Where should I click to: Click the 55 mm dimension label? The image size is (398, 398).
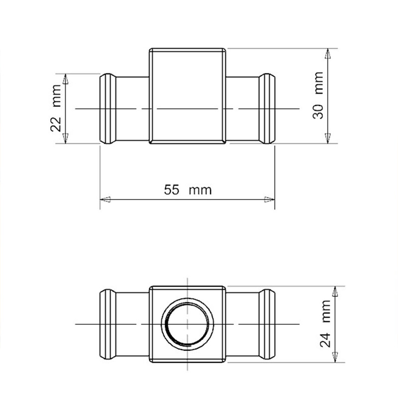tap(188, 190)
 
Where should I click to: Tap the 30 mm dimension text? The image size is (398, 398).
tap(318, 95)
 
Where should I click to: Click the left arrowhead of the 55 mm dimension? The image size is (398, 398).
tap(104, 199)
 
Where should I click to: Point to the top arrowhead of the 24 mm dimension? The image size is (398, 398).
tap(336, 292)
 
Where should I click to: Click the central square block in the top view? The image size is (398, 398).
tap(188, 96)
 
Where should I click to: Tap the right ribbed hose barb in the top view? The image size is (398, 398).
tap(267, 108)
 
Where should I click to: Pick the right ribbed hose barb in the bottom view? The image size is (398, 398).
tap(267, 324)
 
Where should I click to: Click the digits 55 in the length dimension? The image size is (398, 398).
tap(172, 190)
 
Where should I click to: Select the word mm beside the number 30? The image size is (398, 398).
tap(318, 83)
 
